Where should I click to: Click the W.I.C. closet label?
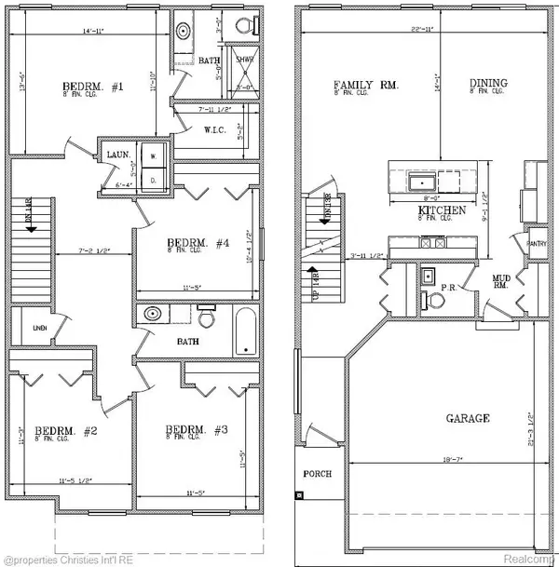click(x=217, y=128)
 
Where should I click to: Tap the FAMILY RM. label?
click(x=366, y=86)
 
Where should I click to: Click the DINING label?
click(x=489, y=84)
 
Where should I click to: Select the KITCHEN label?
click(x=442, y=211)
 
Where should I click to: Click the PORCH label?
click(x=318, y=473)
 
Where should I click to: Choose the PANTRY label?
click(x=536, y=244)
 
